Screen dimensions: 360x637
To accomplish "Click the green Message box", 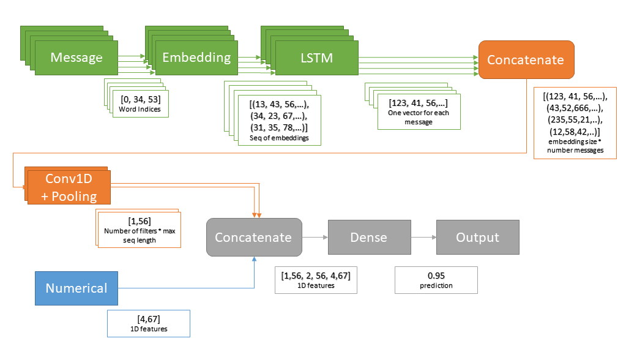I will tap(76, 58).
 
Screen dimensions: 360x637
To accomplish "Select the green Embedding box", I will tap(196, 58).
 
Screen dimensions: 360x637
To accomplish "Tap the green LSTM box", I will tap(317, 58).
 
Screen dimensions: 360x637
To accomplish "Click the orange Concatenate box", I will tap(526, 59).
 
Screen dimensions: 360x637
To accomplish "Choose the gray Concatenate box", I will tap(253, 237).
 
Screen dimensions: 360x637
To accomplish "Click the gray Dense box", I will tap(368, 237).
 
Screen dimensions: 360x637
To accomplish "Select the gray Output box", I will tap(477, 237).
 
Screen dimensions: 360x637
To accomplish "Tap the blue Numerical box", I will tap(76, 288).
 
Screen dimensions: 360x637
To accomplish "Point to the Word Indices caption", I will tap(141, 110).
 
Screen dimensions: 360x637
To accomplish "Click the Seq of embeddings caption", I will tap(278, 138).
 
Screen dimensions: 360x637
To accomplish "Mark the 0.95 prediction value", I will tap(436, 275).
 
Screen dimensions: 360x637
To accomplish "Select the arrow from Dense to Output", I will tap(422, 237).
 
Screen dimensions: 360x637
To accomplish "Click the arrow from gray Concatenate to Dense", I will tap(315, 237).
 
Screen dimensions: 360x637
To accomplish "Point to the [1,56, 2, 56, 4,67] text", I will tap(316, 275).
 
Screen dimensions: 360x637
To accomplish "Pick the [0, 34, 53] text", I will tap(141, 100).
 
